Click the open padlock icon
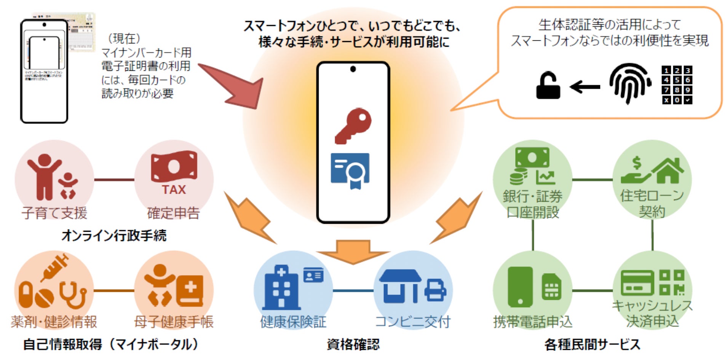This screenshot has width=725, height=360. click(x=548, y=86)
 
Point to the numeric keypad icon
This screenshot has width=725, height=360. click(x=677, y=85)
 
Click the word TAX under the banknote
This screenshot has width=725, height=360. click(x=174, y=190)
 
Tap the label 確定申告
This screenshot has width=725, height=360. click(x=174, y=213)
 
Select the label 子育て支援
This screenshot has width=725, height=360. click(x=54, y=213)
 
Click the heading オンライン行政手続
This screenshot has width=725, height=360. click(x=114, y=236)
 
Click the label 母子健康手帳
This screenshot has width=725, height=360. click(x=174, y=322)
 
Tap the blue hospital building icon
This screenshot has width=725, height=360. click(x=281, y=287)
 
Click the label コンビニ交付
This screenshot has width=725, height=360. click(x=412, y=322)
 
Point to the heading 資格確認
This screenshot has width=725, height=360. click(x=353, y=344)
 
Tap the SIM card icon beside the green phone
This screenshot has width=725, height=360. click(x=551, y=287)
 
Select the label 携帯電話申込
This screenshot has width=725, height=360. click(x=533, y=322)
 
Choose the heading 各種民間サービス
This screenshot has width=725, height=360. click(x=592, y=344)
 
